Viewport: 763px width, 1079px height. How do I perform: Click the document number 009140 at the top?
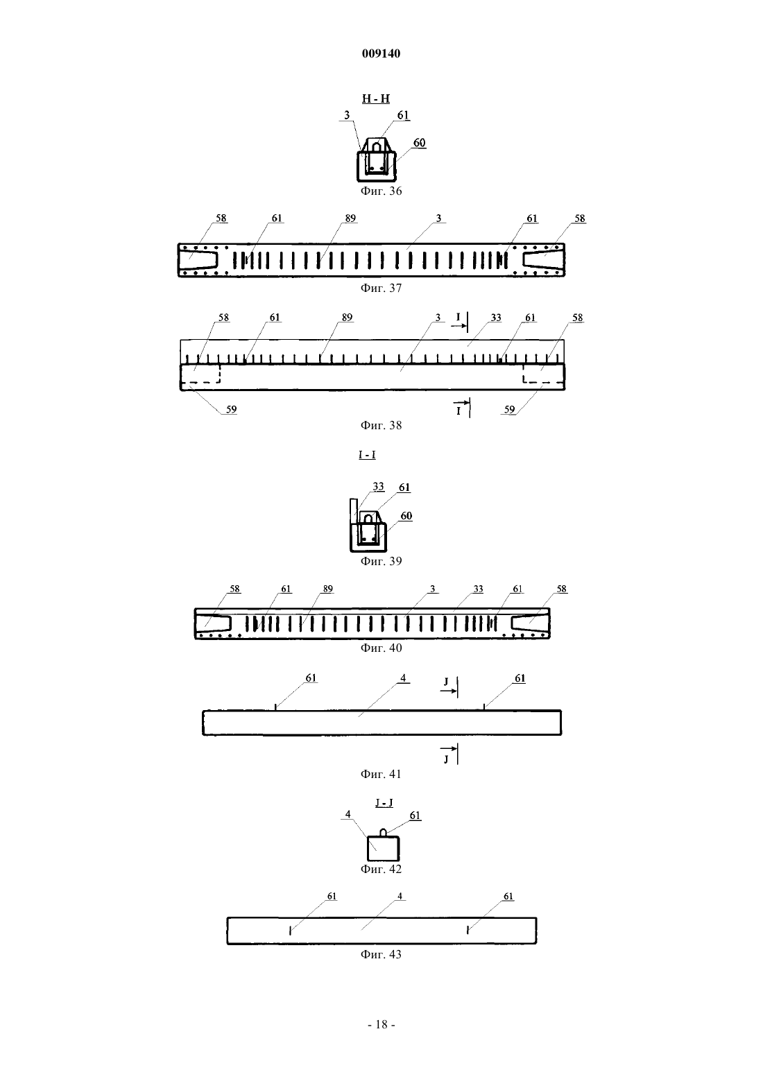pyautogui.click(x=381, y=53)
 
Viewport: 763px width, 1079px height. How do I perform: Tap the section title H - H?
pyautogui.click(x=376, y=98)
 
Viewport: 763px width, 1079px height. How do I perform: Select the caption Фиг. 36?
pyautogui.click(x=381, y=191)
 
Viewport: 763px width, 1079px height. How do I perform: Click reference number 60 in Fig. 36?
pyautogui.click(x=419, y=143)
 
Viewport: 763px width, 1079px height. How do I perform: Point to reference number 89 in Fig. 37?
pyautogui.click(x=350, y=218)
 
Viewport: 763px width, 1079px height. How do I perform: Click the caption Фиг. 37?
pyautogui.click(x=381, y=288)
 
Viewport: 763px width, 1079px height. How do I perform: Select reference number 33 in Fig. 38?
pyautogui.click(x=496, y=318)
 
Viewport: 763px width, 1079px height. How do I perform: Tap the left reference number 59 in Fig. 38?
pyautogui.click(x=231, y=409)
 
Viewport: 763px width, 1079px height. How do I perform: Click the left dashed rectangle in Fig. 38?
pyautogui.click(x=200, y=374)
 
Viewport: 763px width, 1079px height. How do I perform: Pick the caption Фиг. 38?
pyautogui.click(x=381, y=425)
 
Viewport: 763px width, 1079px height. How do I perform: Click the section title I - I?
pyautogui.click(x=367, y=455)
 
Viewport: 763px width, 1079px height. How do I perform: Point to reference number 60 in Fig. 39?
pyautogui.click(x=406, y=516)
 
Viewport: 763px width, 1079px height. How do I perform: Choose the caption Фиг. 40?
pyautogui.click(x=381, y=648)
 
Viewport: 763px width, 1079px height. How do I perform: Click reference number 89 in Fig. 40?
pyautogui.click(x=327, y=589)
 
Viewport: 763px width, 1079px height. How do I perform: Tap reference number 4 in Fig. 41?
pyautogui.click(x=403, y=678)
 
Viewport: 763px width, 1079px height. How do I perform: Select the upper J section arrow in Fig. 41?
pyautogui.click(x=448, y=691)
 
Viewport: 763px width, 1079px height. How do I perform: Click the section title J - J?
pyautogui.click(x=384, y=803)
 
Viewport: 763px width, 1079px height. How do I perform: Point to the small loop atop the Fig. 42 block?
pyautogui.click(x=384, y=833)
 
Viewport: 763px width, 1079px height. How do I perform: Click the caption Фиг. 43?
pyautogui.click(x=381, y=954)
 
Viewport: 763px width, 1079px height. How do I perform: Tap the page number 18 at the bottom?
pyautogui.click(x=381, y=1025)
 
